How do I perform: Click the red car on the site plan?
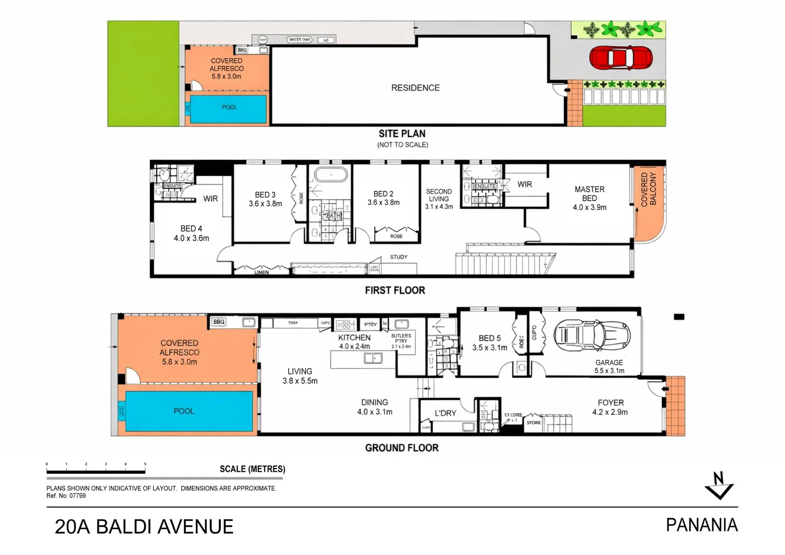(x=620, y=58)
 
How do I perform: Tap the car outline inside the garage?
(x=591, y=336)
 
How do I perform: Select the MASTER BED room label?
(x=589, y=198)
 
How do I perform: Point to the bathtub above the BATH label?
(x=331, y=175)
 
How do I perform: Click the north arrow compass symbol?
(x=719, y=486)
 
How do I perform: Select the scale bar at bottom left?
(x=96, y=471)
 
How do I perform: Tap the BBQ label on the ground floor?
(x=219, y=322)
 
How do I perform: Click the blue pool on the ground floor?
(x=189, y=411)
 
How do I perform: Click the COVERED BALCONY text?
(x=648, y=189)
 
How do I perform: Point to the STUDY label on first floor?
(x=398, y=257)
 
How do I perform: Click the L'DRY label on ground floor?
(x=445, y=413)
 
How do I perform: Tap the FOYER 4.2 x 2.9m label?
(x=610, y=407)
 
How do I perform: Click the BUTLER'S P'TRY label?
(x=401, y=341)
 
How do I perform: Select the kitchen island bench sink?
(x=373, y=358)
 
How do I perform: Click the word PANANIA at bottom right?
(x=701, y=525)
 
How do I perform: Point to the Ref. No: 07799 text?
(x=66, y=496)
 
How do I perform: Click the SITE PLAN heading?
(x=402, y=134)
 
